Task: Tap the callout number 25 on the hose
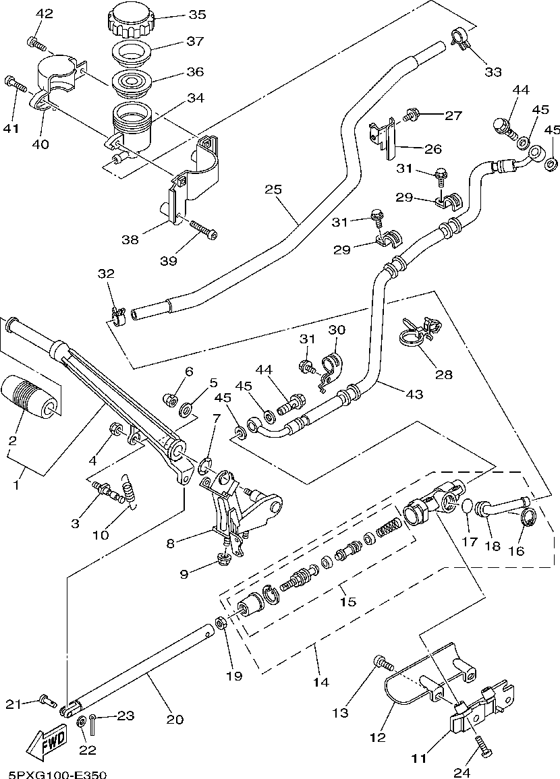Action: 273,190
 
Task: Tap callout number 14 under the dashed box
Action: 321,682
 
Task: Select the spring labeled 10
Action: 129,490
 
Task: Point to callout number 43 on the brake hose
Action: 414,394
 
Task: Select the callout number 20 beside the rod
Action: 175,719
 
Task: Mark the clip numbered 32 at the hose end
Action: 118,316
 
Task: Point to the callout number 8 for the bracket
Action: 171,543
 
